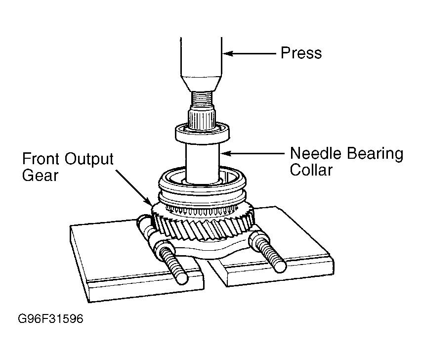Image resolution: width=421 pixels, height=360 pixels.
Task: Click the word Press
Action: (x=301, y=53)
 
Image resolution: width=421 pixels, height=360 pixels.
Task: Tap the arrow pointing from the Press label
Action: (x=250, y=54)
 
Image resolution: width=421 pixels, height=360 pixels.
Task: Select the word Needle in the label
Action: (x=316, y=153)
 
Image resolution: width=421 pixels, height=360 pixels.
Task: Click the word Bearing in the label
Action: (x=375, y=154)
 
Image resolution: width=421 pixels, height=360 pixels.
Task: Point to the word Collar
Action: (x=311, y=170)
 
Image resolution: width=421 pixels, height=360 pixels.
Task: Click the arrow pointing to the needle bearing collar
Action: (x=252, y=153)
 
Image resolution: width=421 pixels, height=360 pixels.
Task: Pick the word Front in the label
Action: (x=41, y=159)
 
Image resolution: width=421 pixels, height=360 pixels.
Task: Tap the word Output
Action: (x=89, y=160)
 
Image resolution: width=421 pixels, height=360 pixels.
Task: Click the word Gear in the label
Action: (x=40, y=176)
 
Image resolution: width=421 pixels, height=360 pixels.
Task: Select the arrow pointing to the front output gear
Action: (x=133, y=187)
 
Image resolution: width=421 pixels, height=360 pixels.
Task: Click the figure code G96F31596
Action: (x=50, y=319)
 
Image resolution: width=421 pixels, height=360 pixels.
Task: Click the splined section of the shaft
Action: (x=202, y=118)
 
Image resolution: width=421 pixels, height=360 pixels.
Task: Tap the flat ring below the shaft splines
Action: (x=203, y=134)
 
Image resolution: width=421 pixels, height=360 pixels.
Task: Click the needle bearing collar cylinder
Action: (x=203, y=163)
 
